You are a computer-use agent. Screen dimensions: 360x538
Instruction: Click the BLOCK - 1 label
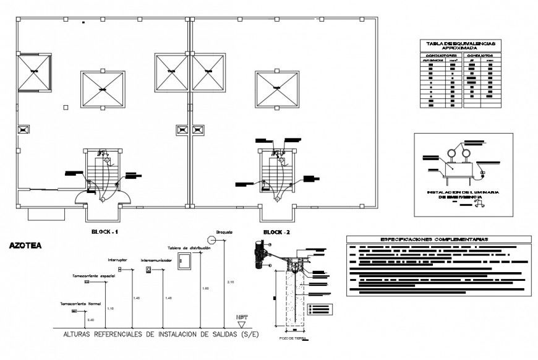pos(105,232)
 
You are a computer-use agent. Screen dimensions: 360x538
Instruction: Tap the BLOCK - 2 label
pos(276,232)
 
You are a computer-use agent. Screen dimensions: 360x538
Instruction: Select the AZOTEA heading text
pos(26,245)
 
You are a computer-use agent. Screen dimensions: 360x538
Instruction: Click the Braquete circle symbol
pos(224,238)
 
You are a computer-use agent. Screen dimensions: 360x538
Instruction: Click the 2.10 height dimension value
pos(231,281)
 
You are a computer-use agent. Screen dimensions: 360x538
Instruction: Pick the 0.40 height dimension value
pos(90,319)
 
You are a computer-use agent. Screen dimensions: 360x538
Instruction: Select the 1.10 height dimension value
pos(111,308)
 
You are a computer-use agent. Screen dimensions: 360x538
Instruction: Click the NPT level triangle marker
pos(242,324)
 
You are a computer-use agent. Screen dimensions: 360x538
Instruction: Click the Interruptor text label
pos(117,260)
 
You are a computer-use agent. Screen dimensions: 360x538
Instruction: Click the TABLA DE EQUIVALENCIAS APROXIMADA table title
pos(461,45)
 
